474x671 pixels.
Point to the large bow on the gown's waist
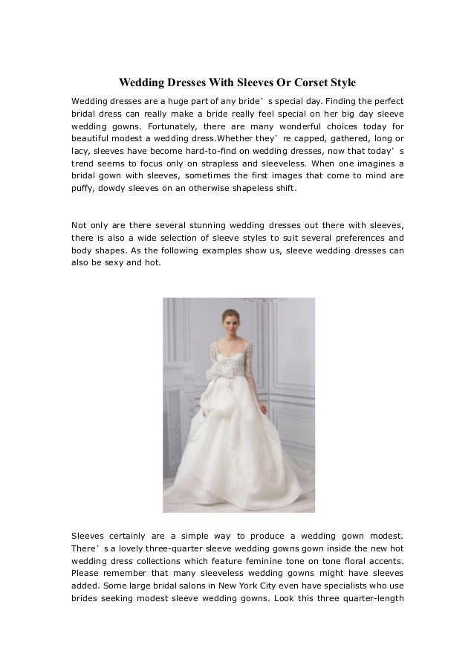point(226,377)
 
